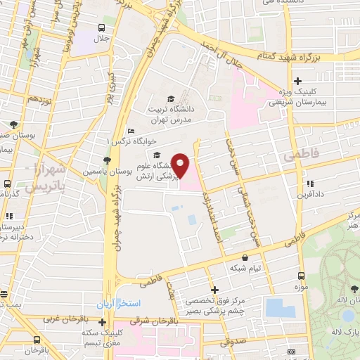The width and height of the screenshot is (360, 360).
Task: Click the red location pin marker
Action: (181, 166)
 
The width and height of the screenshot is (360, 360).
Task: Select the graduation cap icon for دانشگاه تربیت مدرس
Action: (170, 99)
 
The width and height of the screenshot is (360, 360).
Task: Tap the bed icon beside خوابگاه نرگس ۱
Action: (131, 131)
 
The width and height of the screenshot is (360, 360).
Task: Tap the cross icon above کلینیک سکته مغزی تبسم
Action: (102, 322)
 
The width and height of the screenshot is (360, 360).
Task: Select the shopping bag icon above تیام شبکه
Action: (244, 258)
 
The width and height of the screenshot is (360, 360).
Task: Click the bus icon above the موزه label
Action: (301, 276)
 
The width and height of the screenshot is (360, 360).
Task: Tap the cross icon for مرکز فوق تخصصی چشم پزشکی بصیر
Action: (214, 290)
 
